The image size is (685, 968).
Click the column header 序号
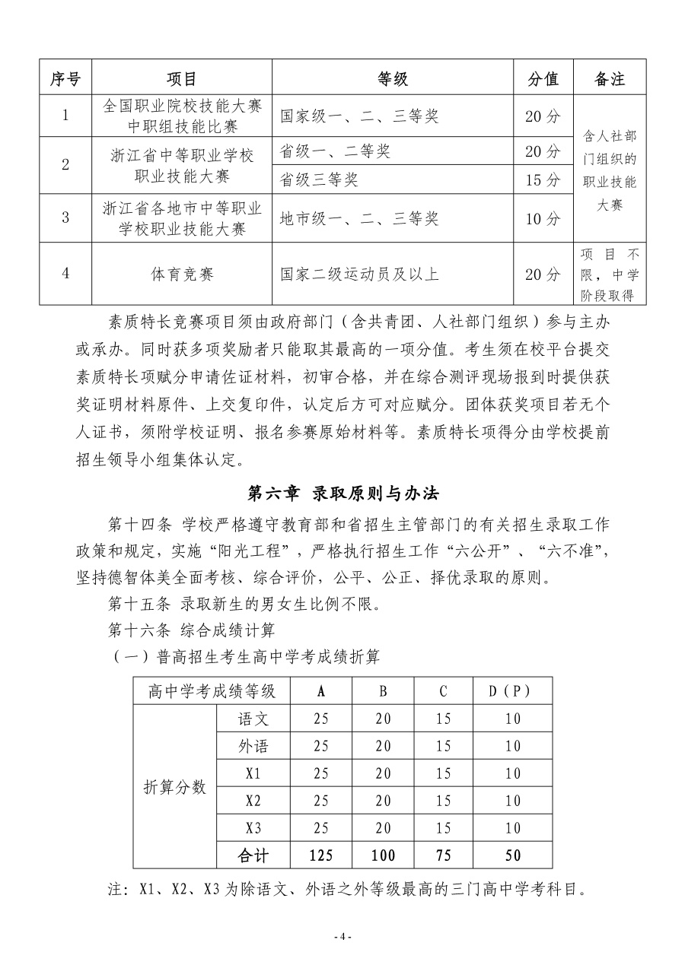point(65,78)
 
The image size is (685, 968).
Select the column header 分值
point(543,78)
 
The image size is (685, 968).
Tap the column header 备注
point(609,78)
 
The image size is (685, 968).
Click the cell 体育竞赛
point(182,274)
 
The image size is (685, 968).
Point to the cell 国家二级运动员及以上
point(359,274)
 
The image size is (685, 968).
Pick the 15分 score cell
point(543,179)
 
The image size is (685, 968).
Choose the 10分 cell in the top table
point(543,219)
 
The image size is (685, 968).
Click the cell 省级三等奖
point(318,179)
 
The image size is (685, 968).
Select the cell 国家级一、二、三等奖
point(359,116)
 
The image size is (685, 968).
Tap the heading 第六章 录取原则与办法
point(344,493)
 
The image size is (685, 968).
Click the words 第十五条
point(142,605)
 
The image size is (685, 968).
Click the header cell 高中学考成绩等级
point(212,691)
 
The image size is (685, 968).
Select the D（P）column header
point(508,691)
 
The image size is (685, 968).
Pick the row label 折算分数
point(175,787)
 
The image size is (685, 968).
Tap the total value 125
point(320,855)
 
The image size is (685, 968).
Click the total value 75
point(444,855)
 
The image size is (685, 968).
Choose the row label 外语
point(253,746)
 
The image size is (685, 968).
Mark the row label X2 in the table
point(253,801)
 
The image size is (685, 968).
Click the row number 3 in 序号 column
point(65,218)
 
